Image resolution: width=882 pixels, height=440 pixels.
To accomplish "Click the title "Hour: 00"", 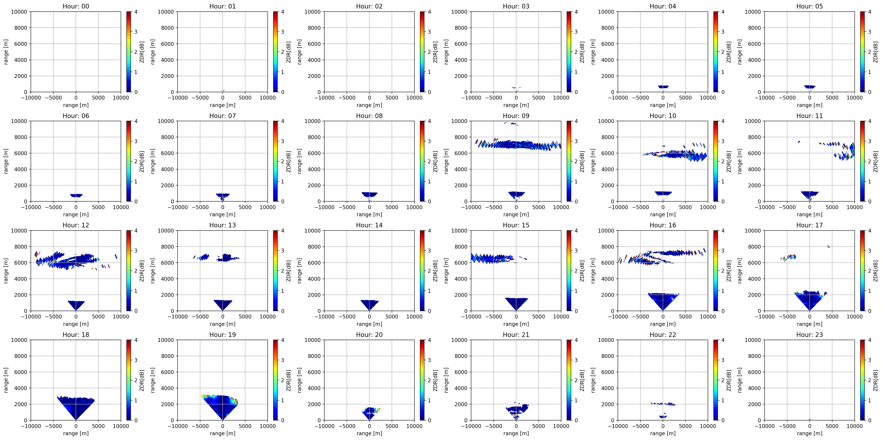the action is (76, 6).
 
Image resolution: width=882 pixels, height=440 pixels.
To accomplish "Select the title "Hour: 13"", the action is (223, 225).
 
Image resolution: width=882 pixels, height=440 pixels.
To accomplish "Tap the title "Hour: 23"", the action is (809, 335).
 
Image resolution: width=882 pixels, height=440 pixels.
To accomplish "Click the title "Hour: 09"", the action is (516, 116).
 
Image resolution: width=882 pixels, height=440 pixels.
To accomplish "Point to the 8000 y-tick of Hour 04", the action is (608, 28).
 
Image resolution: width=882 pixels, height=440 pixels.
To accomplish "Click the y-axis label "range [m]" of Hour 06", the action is (6, 161).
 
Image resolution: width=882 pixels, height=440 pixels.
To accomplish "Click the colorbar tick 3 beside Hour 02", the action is (429, 32).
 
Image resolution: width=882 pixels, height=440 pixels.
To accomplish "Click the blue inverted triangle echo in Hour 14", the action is (369, 304).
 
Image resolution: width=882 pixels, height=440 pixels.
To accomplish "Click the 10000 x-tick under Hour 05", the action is (855, 98).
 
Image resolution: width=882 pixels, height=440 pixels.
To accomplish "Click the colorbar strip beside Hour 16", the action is (716, 271).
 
